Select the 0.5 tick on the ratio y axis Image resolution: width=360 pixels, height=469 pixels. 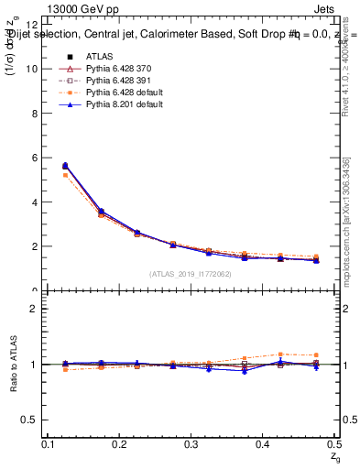coord(29,420)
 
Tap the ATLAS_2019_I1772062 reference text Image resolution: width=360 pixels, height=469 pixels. coord(191,274)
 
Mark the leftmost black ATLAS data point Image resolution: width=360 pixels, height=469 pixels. coord(65,166)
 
